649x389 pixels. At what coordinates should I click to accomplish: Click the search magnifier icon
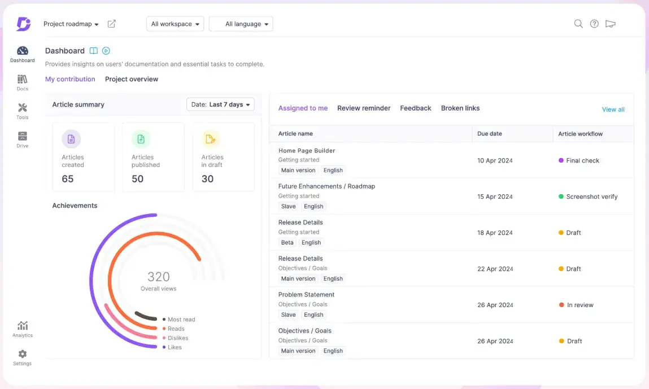click(x=578, y=24)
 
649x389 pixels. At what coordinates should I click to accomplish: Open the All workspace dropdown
click(x=175, y=24)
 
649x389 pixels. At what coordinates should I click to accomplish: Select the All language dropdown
click(x=241, y=24)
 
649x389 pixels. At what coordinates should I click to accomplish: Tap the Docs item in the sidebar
click(x=22, y=82)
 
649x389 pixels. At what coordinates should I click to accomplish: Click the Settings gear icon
click(x=22, y=354)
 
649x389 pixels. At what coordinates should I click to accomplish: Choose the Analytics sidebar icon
click(x=22, y=326)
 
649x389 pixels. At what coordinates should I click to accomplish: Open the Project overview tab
click(x=132, y=79)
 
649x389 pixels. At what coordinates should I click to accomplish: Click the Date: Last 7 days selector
click(x=220, y=104)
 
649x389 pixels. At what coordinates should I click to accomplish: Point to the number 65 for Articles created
click(x=68, y=179)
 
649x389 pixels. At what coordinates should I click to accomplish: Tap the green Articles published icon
click(x=141, y=139)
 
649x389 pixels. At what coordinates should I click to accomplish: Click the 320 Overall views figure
click(x=159, y=277)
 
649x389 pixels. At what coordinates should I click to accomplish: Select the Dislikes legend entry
click(x=177, y=338)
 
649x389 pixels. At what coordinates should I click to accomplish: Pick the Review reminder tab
click(x=364, y=108)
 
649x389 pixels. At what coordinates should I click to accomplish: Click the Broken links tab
click(x=460, y=108)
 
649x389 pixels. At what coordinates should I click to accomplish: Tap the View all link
click(x=613, y=110)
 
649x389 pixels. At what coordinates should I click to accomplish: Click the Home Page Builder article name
click(x=307, y=151)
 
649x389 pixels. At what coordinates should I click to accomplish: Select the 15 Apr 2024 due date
click(x=495, y=196)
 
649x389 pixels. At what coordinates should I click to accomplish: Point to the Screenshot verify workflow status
click(x=591, y=196)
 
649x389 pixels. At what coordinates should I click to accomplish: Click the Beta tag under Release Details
click(x=288, y=242)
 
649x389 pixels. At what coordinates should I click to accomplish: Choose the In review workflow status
click(x=580, y=305)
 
